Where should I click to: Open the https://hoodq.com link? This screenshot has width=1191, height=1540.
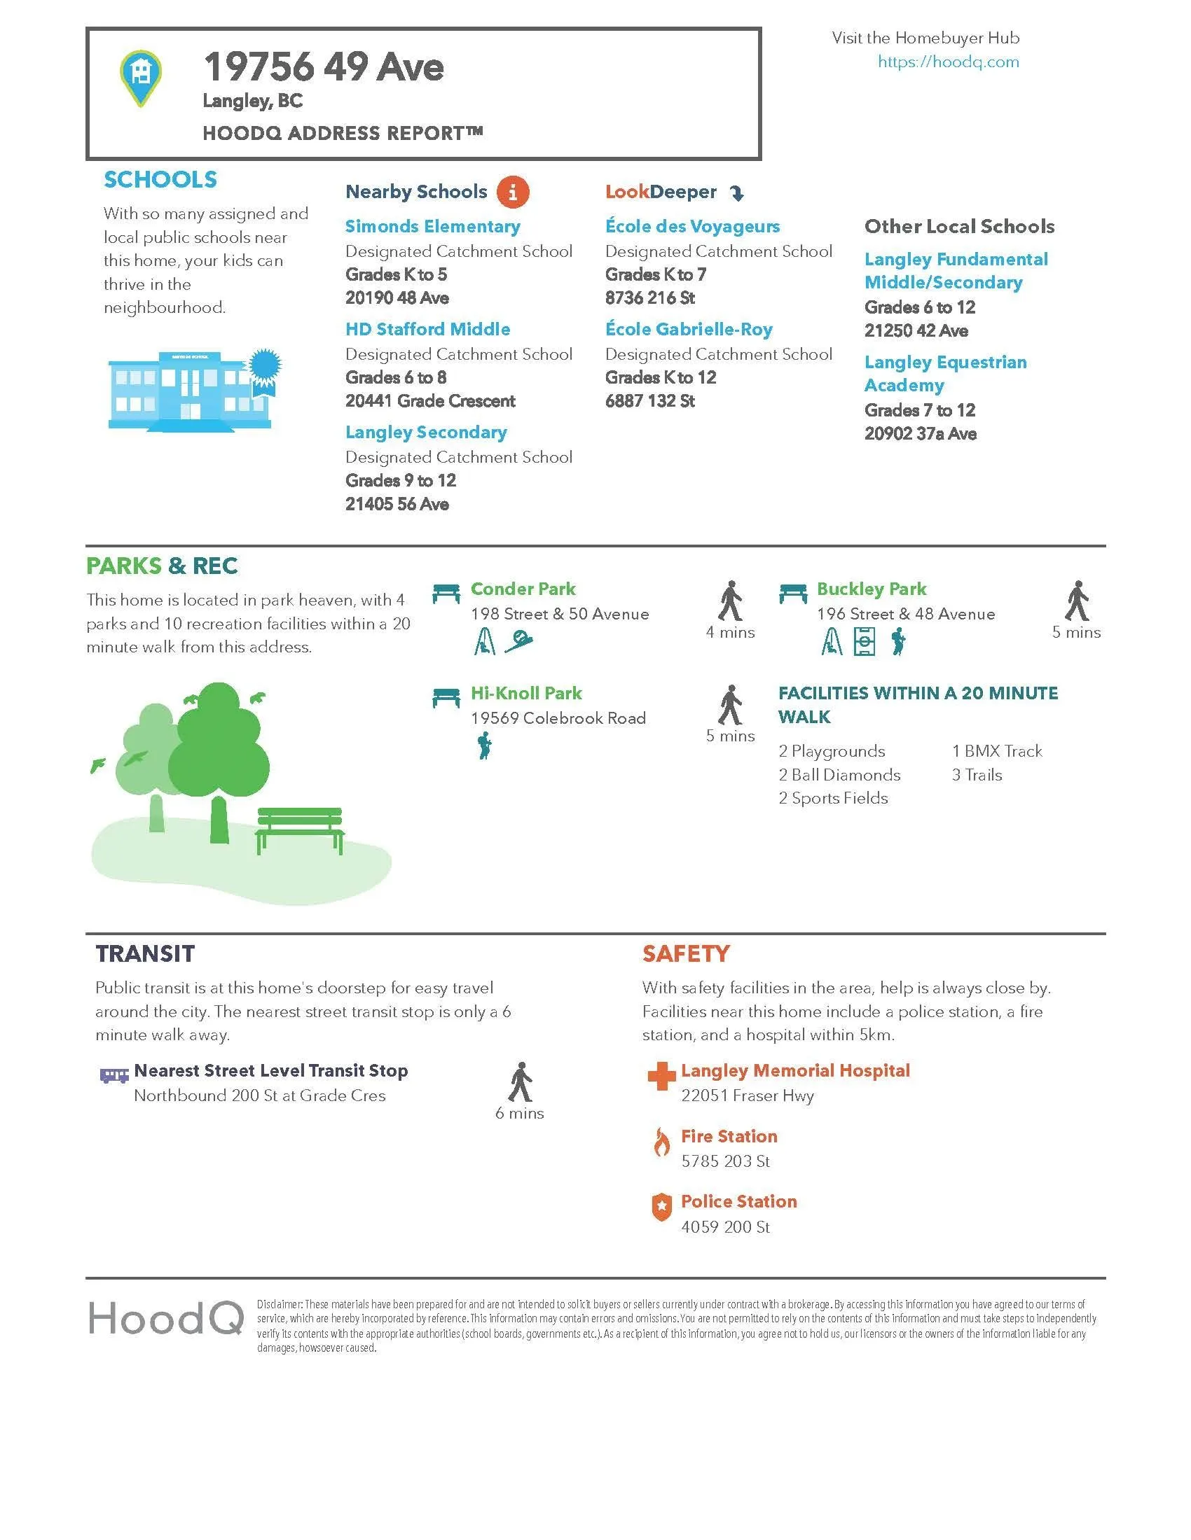click(948, 62)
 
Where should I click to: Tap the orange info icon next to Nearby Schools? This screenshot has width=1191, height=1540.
click(512, 192)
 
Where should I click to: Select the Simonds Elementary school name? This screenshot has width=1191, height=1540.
click(432, 226)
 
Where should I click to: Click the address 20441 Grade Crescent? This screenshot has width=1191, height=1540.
click(429, 401)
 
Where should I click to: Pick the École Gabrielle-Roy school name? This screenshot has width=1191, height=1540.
click(689, 329)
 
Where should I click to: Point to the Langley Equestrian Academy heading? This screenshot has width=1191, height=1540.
click(945, 374)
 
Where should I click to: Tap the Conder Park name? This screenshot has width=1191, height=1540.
click(523, 589)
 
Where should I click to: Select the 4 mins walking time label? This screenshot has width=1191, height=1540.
click(730, 633)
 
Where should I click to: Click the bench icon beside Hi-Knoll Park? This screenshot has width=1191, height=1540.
click(446, 698)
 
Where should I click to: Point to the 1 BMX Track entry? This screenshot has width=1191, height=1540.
click(996, 751)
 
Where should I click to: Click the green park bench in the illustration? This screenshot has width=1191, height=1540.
click(300, 829)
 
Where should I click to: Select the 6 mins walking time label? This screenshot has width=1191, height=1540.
click(519, 1114)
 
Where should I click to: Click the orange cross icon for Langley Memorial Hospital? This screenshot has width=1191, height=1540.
click(661, 1076)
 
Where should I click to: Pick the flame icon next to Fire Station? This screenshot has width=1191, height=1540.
click(661, 1142)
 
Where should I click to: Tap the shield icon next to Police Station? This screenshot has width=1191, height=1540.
click(661, 1207)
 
